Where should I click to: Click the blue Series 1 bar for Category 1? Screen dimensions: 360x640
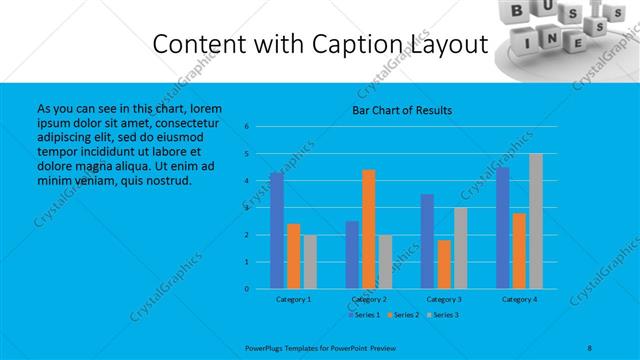[276, 230]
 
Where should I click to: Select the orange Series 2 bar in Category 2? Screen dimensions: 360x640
[368, 229]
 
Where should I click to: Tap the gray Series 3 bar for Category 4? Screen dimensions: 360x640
[536, 221]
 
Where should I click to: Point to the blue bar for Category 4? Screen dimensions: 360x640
[503, 228]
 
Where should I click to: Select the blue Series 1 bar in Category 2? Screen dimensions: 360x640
[352, 255]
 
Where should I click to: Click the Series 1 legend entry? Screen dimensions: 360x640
[364, 314]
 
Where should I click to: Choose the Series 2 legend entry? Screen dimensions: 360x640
[404, 314]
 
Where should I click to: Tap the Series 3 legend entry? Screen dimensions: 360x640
[444, 314]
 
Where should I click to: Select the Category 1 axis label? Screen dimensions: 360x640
[293, 299]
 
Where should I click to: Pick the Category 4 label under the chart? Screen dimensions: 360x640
[519, 299]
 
